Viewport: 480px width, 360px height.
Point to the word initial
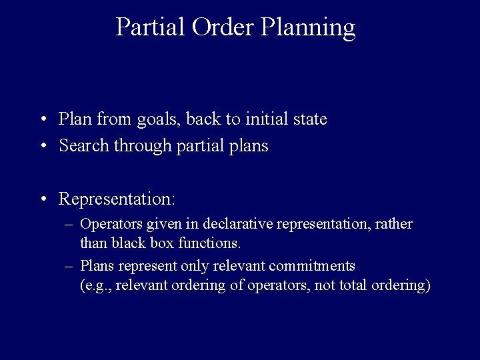[262, 119]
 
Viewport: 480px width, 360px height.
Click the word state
[307, 119]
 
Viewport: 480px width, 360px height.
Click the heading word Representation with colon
[117, 199]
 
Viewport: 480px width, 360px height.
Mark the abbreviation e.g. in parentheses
[95, 286]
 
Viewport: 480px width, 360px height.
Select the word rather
[394, 224]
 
